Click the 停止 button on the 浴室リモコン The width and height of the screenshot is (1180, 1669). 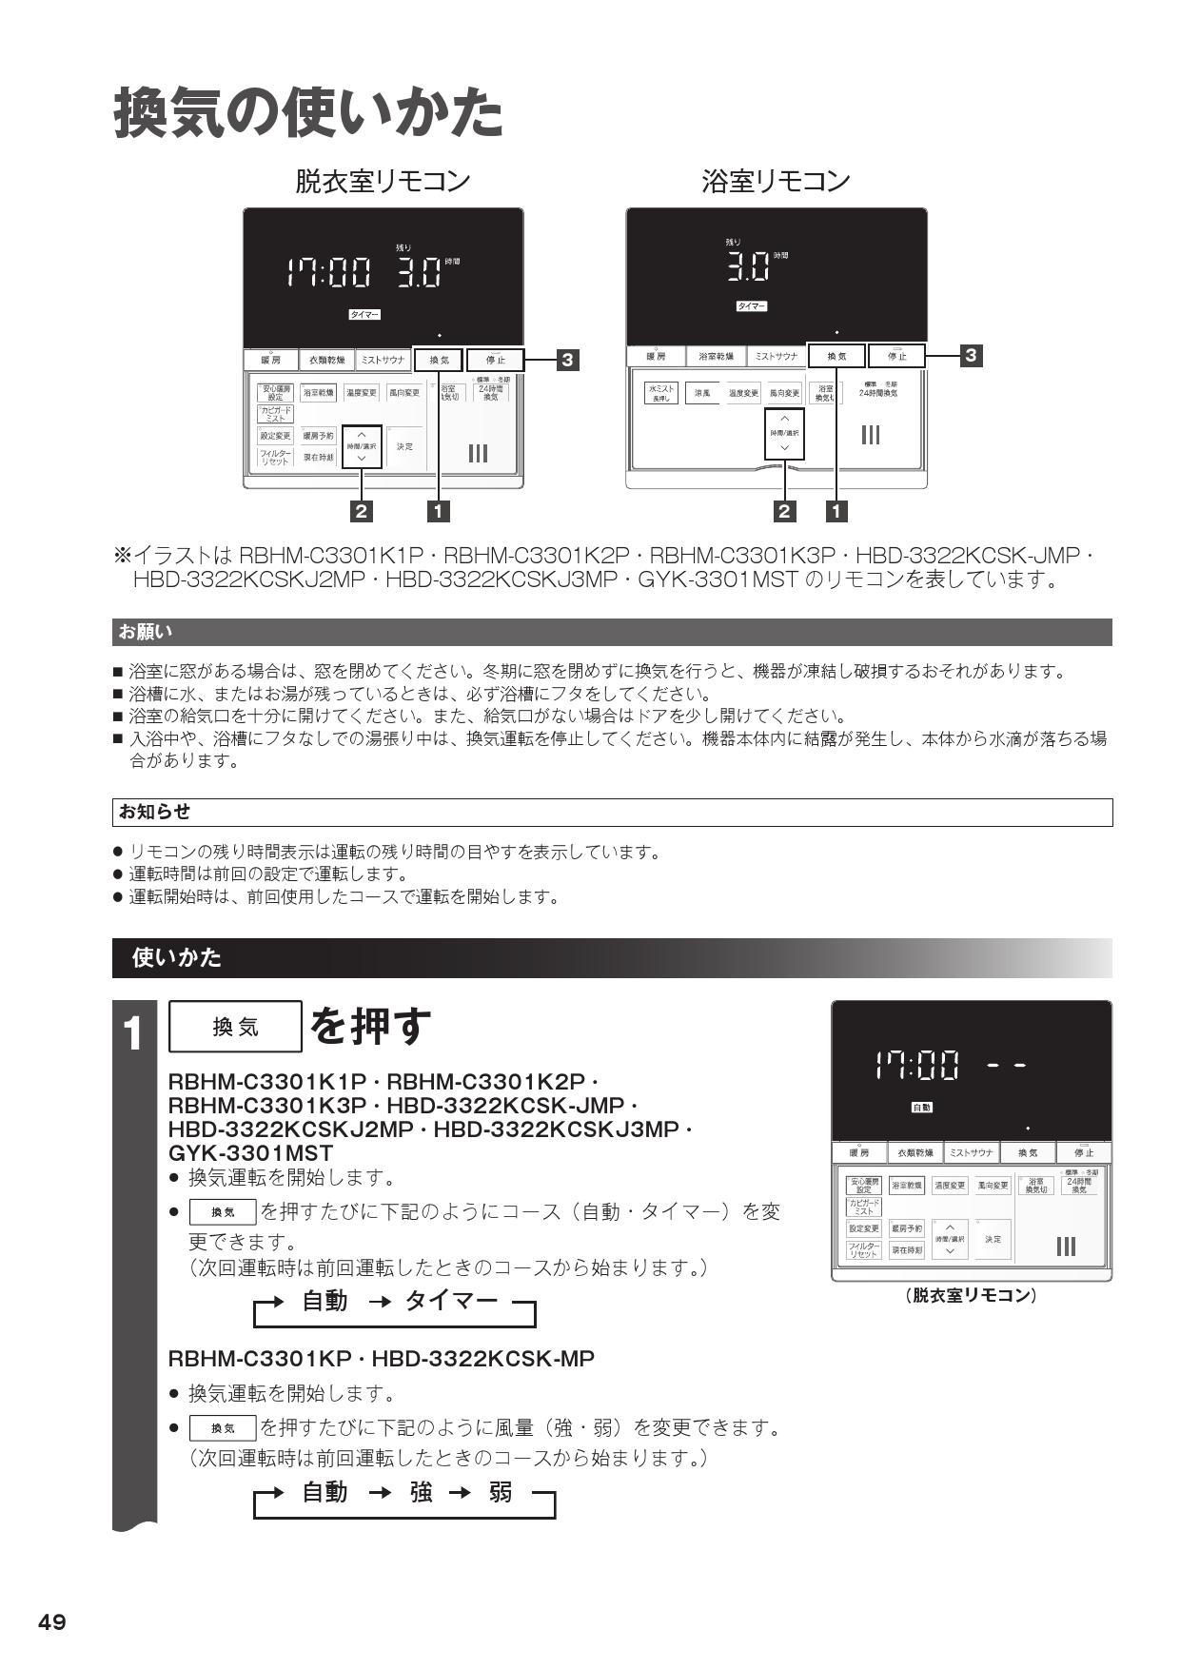coord(896,356)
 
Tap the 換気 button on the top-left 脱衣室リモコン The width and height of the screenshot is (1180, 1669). coord(439,360)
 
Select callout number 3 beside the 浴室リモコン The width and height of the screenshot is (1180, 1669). coord(970,355)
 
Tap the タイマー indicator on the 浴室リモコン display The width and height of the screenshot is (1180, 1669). coord(751,306)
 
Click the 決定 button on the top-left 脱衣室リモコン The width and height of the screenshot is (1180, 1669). coord(404,446)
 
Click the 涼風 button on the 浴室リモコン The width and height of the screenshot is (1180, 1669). coord(702,392)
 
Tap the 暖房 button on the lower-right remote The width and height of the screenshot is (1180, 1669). coord(858,1152)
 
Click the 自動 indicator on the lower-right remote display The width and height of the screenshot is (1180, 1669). coord(921,1108)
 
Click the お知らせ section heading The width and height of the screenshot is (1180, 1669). coord(153,812)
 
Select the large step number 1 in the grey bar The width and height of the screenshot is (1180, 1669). coord(134,1033)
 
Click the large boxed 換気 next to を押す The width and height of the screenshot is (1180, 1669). coord(235,1026)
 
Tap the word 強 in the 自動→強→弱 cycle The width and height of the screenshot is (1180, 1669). coord(421,1492)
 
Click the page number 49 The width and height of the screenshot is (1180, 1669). coord(52,1622)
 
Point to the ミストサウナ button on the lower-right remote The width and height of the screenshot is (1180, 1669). coord(971,1152)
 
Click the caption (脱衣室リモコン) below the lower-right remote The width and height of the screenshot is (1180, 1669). coord(971,1295)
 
